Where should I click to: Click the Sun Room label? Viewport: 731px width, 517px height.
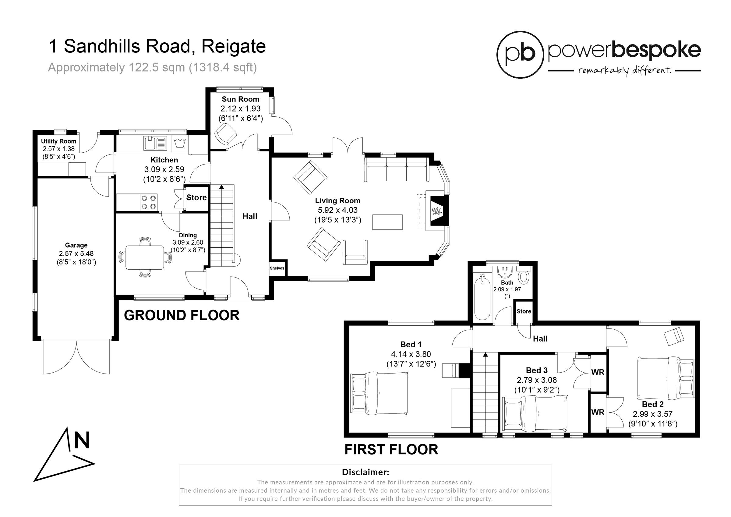point(240,99)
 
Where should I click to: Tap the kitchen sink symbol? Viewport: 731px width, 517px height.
point(155,143)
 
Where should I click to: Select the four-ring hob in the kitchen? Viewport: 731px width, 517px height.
point(149,202)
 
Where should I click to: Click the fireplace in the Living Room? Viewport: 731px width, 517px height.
point(437,211)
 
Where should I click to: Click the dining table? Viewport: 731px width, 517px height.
point(145,257)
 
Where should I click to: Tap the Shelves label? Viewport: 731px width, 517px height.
point(277,268)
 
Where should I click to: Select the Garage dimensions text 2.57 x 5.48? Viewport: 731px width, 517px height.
point(76,253)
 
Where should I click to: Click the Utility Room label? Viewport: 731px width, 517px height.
point(58,141)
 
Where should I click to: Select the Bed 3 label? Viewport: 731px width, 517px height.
point(536,370)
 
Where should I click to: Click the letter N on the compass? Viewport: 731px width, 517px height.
point(82,440)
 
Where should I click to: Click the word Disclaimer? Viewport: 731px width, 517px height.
point(365,472)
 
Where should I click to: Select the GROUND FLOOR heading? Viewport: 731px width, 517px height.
point(182,315)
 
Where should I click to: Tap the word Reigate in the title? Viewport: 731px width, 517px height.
point(233,47)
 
